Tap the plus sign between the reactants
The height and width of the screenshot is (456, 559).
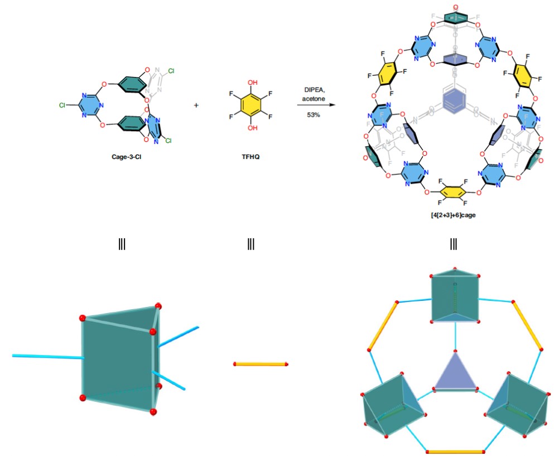pos(196,104)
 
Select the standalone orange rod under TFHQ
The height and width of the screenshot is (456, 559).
pos(261,364)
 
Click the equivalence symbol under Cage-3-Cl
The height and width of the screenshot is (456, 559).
pos(122,243)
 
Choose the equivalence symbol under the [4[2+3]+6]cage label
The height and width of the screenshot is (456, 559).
pos(454,243)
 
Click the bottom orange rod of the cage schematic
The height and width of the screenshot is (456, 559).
pos(455,452)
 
